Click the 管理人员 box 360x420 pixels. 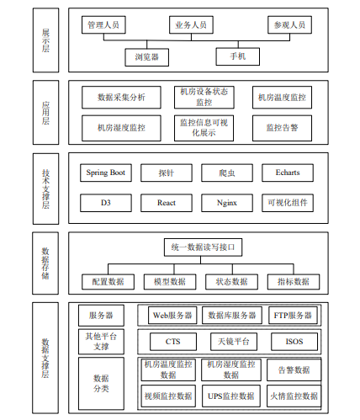[103, 25]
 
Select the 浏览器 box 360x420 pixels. [146, 57]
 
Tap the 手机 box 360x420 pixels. [237, 56]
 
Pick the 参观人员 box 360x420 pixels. [289, 25]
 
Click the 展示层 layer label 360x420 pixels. [45, 40]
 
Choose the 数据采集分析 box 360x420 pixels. [121, 98]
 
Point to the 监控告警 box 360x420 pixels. [282, 128]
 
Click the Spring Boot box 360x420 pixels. [106, 173]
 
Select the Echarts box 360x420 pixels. [288, 173]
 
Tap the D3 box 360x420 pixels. [106, 203]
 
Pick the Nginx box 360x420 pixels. [227, 203]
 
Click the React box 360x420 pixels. [167, 203]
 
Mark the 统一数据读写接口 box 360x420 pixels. [203, 247]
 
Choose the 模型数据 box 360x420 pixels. [170, 282]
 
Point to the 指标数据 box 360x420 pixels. [294, 282]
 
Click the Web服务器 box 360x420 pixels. [172, 316]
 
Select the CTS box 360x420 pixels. [173, 342]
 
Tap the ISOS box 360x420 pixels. [294, 342]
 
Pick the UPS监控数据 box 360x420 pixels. [231, 396]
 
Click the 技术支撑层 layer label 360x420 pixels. [45, 189]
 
